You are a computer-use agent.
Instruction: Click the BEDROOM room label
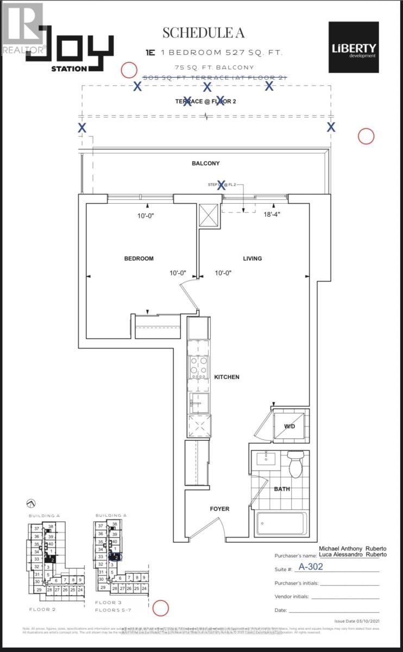pos(138,259)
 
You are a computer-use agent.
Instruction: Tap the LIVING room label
pos(252,259)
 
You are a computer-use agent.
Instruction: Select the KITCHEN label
pos(226,377)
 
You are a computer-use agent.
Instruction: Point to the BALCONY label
pos(205,164)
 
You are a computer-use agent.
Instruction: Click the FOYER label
pos(219,509)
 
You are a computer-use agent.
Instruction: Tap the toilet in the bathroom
pos(295,465)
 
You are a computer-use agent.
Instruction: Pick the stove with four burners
pos(198,367)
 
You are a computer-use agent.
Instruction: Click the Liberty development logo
pos(354,48)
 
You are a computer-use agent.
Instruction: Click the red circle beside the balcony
pos(366,136)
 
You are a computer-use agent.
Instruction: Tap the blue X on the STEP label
pos(221,185)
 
